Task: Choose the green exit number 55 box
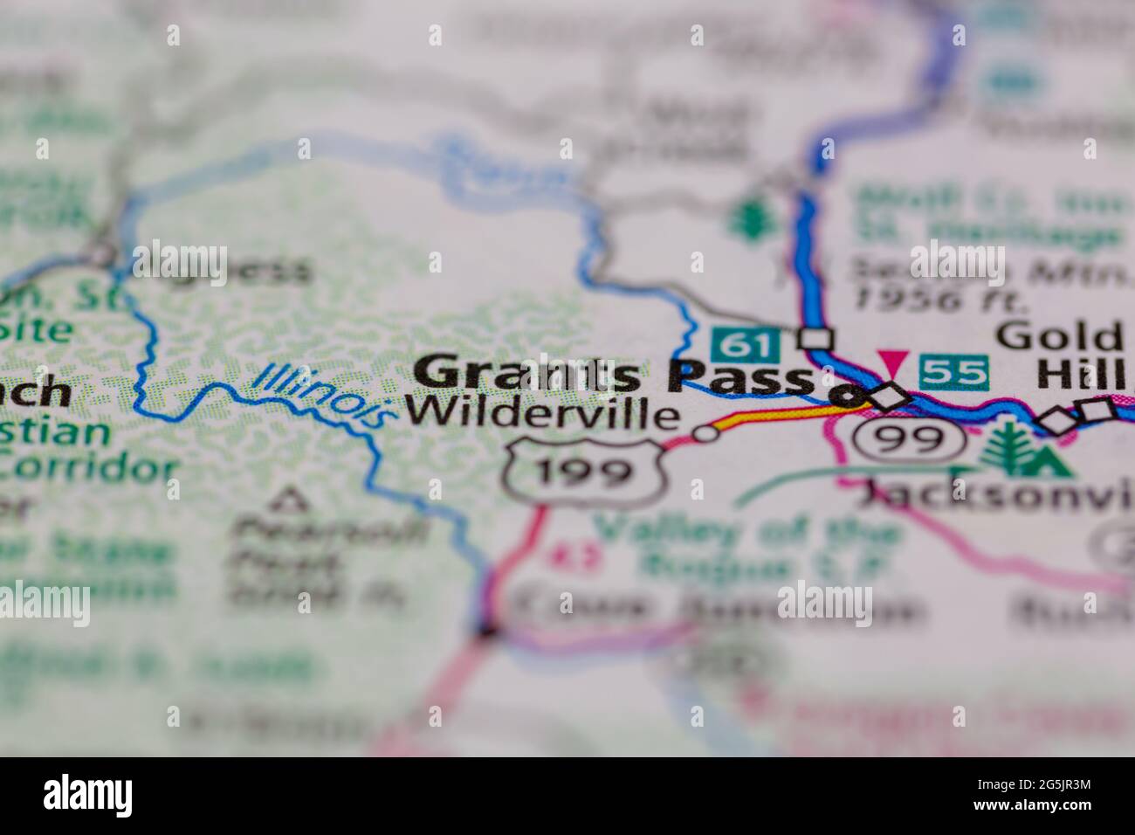pyautogui.click(x=954, y=372)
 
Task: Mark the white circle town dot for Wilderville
pyautogui.click(x=705, y=433)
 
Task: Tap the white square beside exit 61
pyautogui.click(x=818, y=338)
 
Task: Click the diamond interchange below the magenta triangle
pyautogui.click(x=891, y=396)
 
